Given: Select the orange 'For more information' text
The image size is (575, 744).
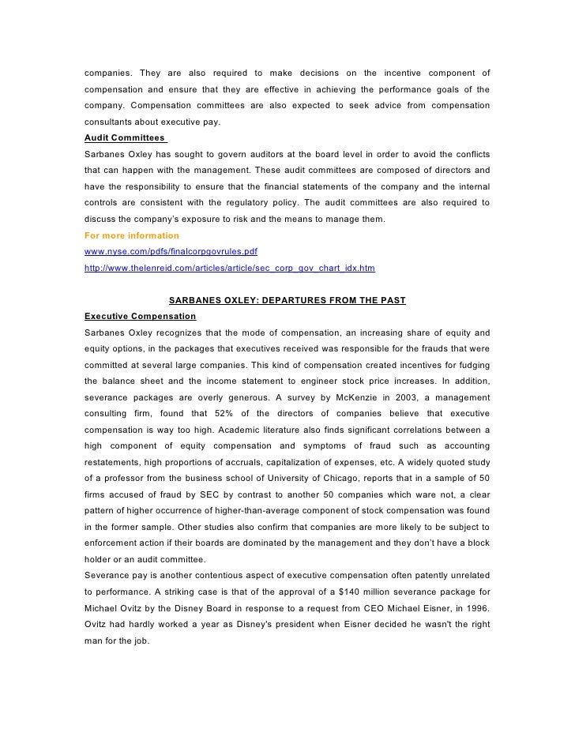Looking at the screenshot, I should pyautogui.click(x=131, y=235).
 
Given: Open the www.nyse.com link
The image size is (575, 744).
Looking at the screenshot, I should pyautogui.click(x=171, y=251).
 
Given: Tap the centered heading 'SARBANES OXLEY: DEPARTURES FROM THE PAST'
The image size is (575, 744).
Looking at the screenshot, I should pyautogui.click(x=287, y=300).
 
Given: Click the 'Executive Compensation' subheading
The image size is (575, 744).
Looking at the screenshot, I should pyautogui.click(x=140, y=316).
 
